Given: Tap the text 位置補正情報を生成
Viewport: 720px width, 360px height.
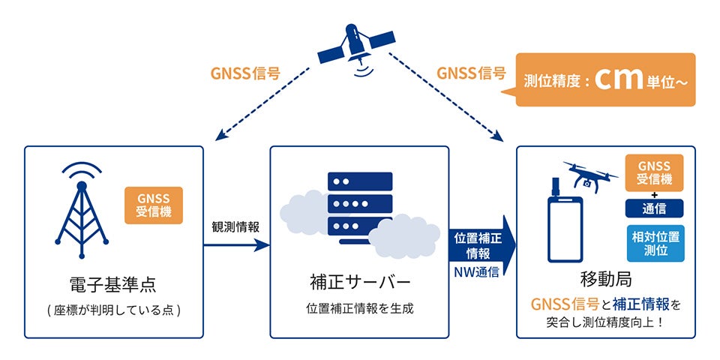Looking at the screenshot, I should [359, 307].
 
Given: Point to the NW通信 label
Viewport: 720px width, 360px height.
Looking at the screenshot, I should [475, 271].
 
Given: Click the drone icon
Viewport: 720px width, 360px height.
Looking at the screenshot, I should [590, 175].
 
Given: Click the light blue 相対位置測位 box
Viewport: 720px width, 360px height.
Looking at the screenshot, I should [655, 243].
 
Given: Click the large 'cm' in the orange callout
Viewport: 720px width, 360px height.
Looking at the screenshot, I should [620, 81].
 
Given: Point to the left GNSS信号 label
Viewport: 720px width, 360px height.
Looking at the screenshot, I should [245, 73].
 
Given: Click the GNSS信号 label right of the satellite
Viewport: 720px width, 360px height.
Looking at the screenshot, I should [470, 73].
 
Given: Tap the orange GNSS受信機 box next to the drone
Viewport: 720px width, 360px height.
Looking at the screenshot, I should [655, 173].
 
